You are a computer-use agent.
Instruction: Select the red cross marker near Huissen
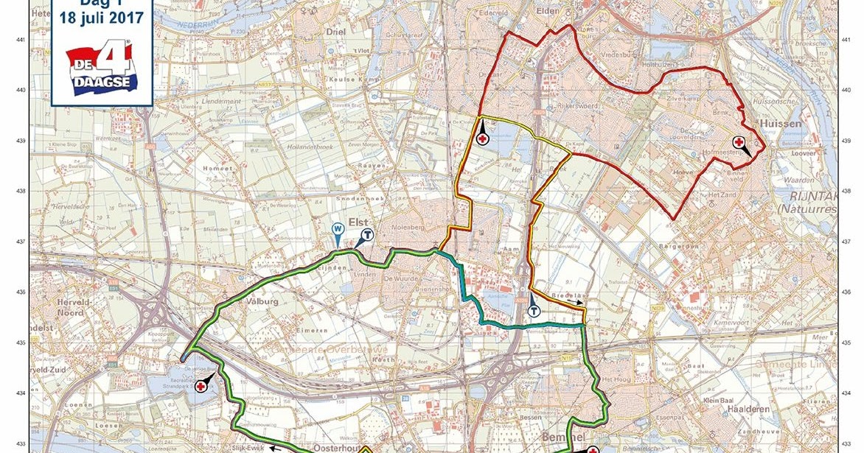point(738,142)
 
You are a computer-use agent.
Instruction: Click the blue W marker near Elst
point(338,228)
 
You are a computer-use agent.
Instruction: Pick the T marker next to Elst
point(366,233)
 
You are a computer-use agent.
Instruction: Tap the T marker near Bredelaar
point(533,310)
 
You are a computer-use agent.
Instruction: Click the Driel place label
point(336,33)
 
